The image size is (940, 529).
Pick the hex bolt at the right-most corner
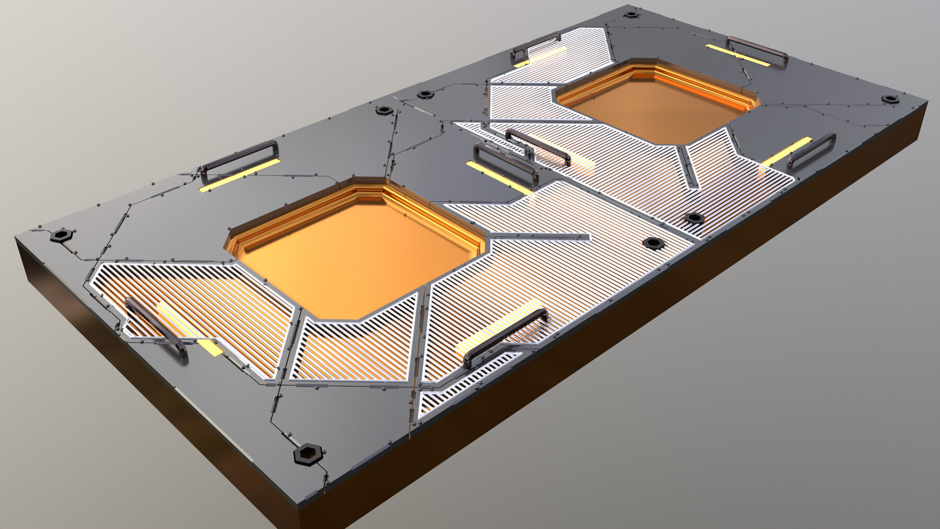888,99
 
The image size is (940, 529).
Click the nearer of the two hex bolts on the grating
652,243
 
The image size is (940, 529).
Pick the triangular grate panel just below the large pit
355,347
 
